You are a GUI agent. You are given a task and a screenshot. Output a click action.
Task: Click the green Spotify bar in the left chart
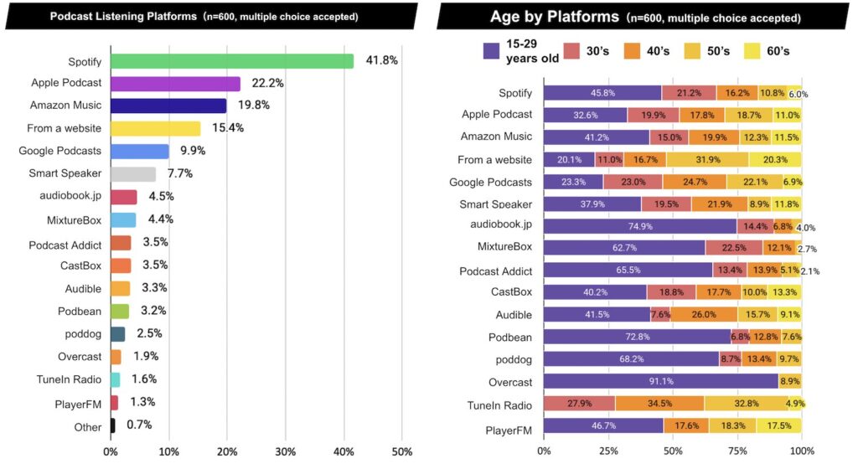232,61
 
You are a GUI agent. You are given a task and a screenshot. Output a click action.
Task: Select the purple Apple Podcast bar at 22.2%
175,84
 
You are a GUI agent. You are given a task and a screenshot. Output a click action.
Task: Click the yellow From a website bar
155,128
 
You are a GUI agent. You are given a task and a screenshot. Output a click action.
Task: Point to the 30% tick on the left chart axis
285,451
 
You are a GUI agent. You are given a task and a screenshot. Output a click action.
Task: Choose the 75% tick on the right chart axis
737,451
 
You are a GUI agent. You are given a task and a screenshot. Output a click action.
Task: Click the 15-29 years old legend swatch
492,51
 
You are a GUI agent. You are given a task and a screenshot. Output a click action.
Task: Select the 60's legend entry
763,51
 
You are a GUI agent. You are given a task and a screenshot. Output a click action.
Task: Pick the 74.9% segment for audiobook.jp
639,226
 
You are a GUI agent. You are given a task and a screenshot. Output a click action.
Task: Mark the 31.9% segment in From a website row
707,159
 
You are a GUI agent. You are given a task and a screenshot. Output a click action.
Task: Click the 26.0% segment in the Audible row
703,315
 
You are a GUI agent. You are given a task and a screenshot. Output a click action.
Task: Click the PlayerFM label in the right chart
509,427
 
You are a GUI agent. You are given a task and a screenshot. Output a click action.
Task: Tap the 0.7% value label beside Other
139,425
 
